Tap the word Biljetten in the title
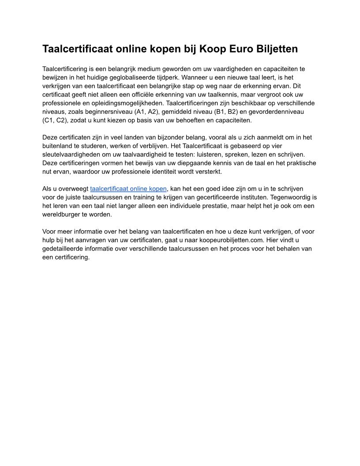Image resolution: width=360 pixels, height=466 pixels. [x=277, y=49]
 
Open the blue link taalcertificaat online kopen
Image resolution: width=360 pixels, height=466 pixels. [x=128, y=189]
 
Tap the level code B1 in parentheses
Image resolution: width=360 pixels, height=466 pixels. [x=221, y=112]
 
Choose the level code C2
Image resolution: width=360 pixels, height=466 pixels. [x=62, y=120]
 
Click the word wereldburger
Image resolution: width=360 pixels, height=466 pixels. [x=62, y=214]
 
